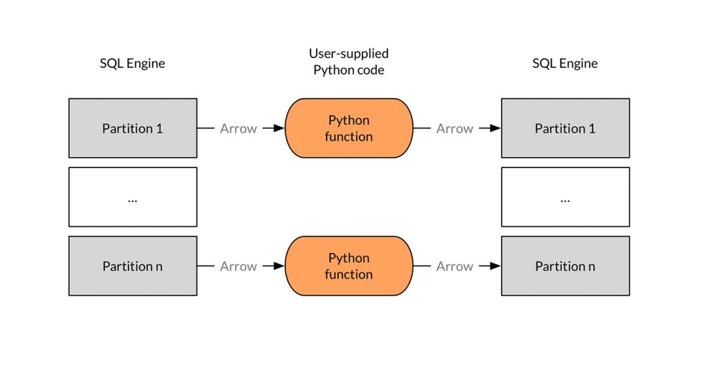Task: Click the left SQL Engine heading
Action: click(x=132, y=63)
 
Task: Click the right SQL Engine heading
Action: click(x=565, y=63)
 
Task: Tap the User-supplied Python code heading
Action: click(x=348, y=62)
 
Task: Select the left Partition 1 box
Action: click(x=133, y=129)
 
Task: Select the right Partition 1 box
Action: click(x=566, y=129)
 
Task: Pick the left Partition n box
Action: click(x=133, y=266)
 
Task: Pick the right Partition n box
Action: click(x=566, y=266)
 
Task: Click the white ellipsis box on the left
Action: click(x=133, y=197)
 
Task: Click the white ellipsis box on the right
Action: click(x=566, y=197)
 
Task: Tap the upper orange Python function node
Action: click(x=348, y=129)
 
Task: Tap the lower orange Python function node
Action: click(x=348, y=266)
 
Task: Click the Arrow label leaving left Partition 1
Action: click(x=239, y=129)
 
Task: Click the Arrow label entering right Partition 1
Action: click(x=455, y=129)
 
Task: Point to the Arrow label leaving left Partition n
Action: click(x=239, y=266)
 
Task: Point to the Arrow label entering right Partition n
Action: click(x=455, y=266)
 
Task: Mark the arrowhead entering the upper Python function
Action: click(x=279, y=129)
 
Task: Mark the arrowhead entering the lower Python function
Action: click(x=279, y=266)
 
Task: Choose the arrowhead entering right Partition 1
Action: click(x=495, y=129)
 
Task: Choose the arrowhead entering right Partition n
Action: click(x=495, y=266)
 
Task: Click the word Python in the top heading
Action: click(x=332, y=71)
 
